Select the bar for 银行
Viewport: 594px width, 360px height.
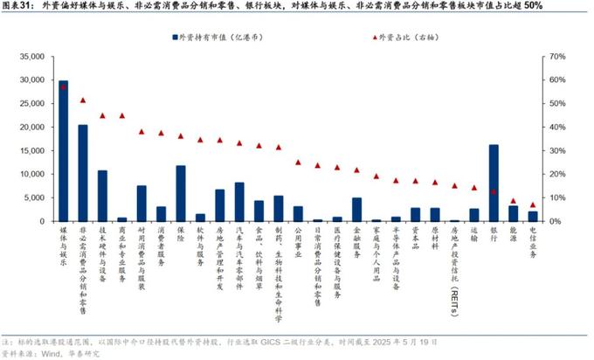pyautogui.click(x=494, y=183)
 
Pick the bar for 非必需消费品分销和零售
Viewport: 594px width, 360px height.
pyautogui.click(x=83, y=173)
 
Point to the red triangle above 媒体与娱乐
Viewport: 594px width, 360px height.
pyautogui.click(x=63, y=87)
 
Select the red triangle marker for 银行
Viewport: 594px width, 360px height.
pyautogui.click(x=494, y=191)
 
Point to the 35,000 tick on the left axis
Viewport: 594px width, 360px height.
pyautogui.click(x=30, y=57)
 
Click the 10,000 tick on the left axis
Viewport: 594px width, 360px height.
pyautogui.click(x=30, y=174)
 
